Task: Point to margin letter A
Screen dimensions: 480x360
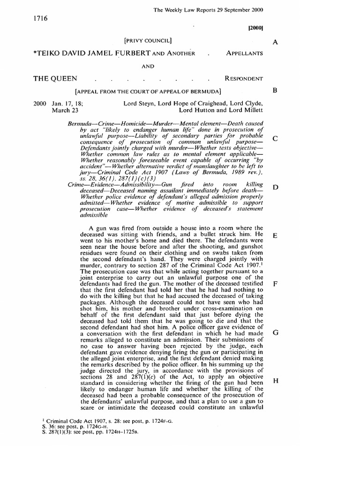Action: point(276,42)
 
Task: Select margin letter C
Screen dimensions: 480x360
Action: point(276,139)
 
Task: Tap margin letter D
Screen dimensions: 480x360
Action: point(276,187)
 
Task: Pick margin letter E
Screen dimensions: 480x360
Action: point(276,236)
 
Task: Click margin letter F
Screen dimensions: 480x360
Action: point(276,284)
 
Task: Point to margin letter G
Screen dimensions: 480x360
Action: point(276,332)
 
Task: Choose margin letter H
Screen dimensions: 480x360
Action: point(276,381)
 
